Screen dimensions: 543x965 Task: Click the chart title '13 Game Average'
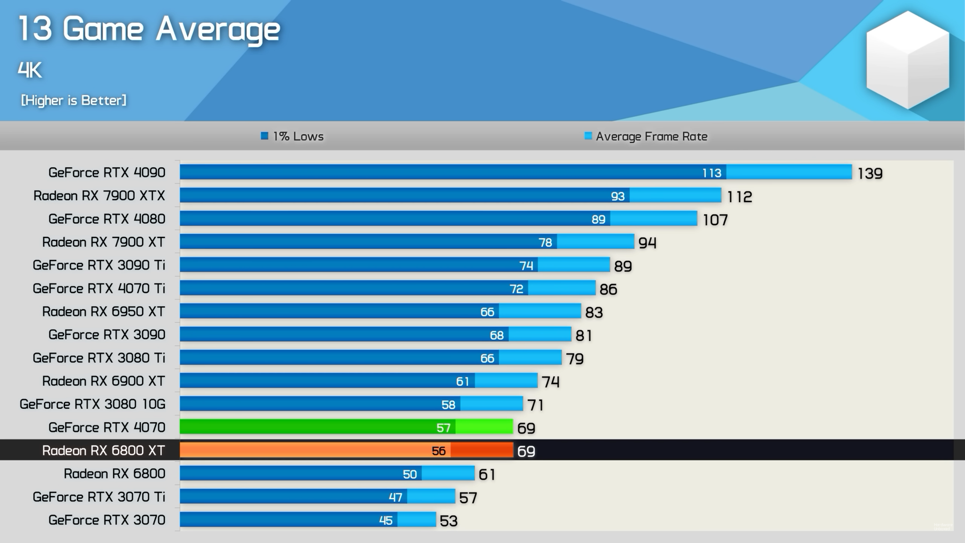click(x=149, y=29)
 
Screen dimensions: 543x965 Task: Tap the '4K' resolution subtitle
click(x=30, y=70)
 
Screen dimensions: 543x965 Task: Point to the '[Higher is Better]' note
click(x=74, y=101)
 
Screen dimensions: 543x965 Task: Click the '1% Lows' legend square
click(x=264, y=136)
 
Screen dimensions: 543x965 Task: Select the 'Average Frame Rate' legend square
click(x=588, y=136)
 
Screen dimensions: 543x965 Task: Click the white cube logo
click(x=907, y=60)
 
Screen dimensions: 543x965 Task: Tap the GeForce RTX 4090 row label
click(x=107, y=172)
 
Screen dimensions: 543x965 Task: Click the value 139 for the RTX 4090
click(x=870, y=173)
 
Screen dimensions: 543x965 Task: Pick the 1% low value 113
click(x=712, y=173)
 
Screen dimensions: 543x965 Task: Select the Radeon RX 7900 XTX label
click(x=99, y=196)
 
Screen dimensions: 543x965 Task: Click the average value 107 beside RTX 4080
click(x=715, y=220)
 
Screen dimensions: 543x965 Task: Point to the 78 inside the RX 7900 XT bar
click(x=545, y=242)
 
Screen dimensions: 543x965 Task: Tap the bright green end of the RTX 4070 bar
click(x=484, y=427)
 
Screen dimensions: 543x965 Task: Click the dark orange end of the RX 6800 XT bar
click(x=481, y=450)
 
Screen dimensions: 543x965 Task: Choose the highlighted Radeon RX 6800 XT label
click(x=104, y=450)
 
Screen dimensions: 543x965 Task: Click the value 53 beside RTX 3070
click(x=448, y=521)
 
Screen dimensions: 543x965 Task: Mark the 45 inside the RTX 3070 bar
click(x=385, y=520)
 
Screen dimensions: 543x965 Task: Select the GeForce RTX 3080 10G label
click(x=92, y=404)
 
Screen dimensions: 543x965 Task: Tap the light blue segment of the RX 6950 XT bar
click(x=540, y=312)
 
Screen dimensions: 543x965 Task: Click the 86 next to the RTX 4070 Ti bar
click(x=608, y=289)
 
